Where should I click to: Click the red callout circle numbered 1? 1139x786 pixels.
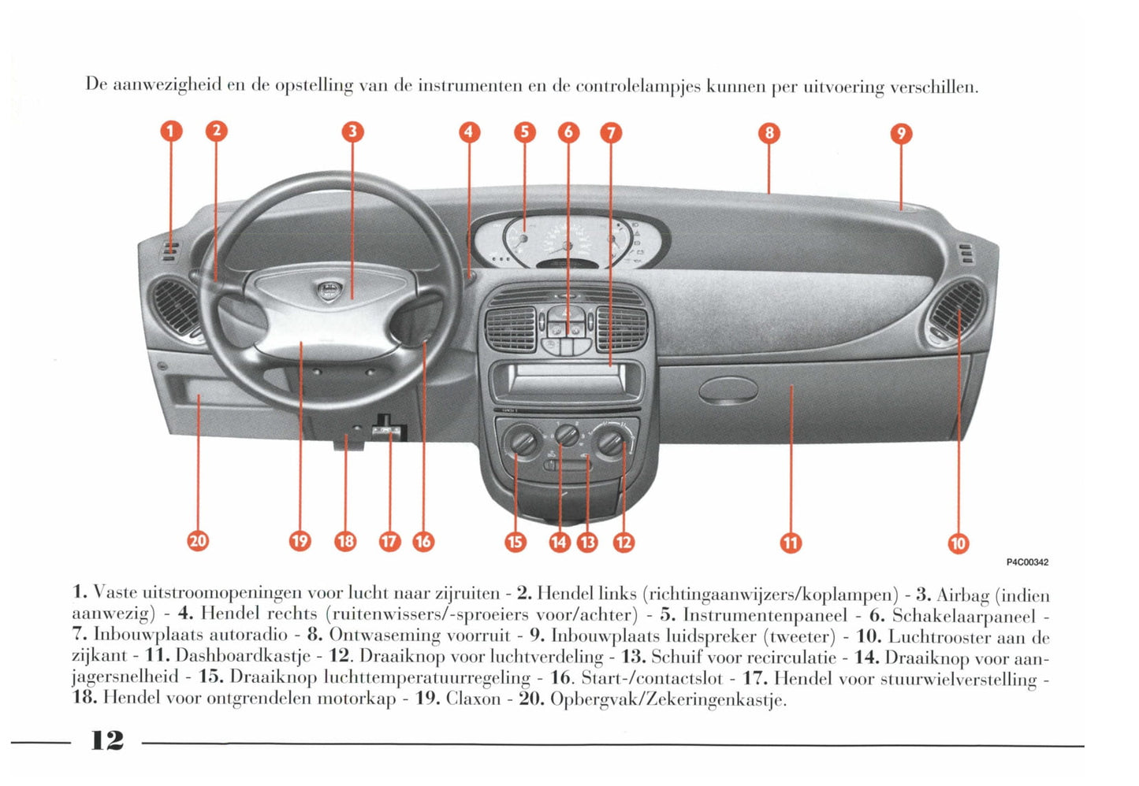tap(171, 132)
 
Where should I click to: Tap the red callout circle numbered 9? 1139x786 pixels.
tap(901, 134)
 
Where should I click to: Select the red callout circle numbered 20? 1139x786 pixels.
tap(198, 540)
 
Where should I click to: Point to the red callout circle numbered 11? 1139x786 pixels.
tap(791, 542)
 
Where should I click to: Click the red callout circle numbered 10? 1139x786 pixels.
tap(958, 543)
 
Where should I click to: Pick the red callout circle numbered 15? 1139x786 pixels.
tap(516, 542)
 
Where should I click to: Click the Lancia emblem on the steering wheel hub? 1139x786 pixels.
tap(326, 291)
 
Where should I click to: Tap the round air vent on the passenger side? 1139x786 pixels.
tap(955, 311)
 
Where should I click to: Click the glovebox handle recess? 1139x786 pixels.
tap(728, 388)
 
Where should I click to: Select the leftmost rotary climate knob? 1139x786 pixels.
tap(523, 442)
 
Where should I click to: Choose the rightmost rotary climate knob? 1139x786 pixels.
tap(612, 442)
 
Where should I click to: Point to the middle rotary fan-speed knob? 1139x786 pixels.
tap(567, 435)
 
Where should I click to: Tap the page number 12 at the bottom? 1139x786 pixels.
tap(107, 740)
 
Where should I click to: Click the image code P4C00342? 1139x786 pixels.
tap(1027, 562)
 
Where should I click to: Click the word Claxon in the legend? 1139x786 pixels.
tap(473, 699)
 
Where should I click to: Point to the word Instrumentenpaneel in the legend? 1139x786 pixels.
tap(765, 614)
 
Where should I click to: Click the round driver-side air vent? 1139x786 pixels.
tap(178, 309)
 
